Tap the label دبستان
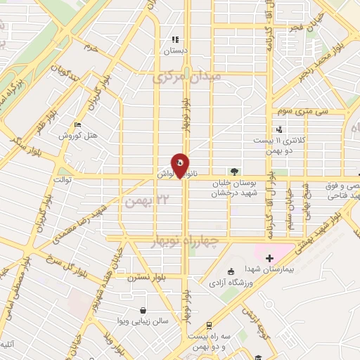[x=176, y=51]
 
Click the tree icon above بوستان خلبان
[x=233, y=171]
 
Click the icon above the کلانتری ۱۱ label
[x=280, y=129]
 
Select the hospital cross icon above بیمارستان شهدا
[x=269, y=259]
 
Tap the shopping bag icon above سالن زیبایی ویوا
[x=143, y=310]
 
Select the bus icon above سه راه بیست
[x=210, y=326]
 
